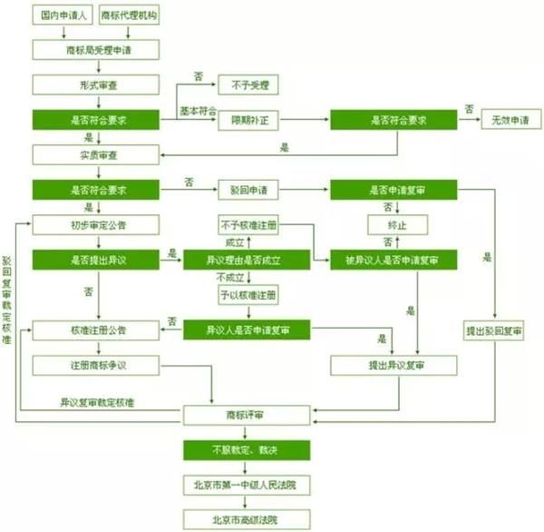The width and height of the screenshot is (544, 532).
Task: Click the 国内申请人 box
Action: point(59,16)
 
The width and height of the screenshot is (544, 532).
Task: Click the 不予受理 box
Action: point(247,85)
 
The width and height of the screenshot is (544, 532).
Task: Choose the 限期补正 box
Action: point(247,120)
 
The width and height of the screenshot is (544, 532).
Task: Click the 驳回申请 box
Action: point(247,191)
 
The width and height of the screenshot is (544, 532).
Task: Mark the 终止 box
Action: point(397,224)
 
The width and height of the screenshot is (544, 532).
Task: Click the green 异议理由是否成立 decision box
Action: point(247,260)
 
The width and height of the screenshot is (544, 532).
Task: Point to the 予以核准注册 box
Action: point(247,295)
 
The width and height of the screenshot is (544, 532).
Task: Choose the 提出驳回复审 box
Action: point(494,330)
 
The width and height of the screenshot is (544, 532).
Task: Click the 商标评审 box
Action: point(247,415)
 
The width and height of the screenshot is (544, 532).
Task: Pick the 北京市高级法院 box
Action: point(247,520)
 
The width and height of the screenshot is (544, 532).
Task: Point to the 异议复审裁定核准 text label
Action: point(98,400)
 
